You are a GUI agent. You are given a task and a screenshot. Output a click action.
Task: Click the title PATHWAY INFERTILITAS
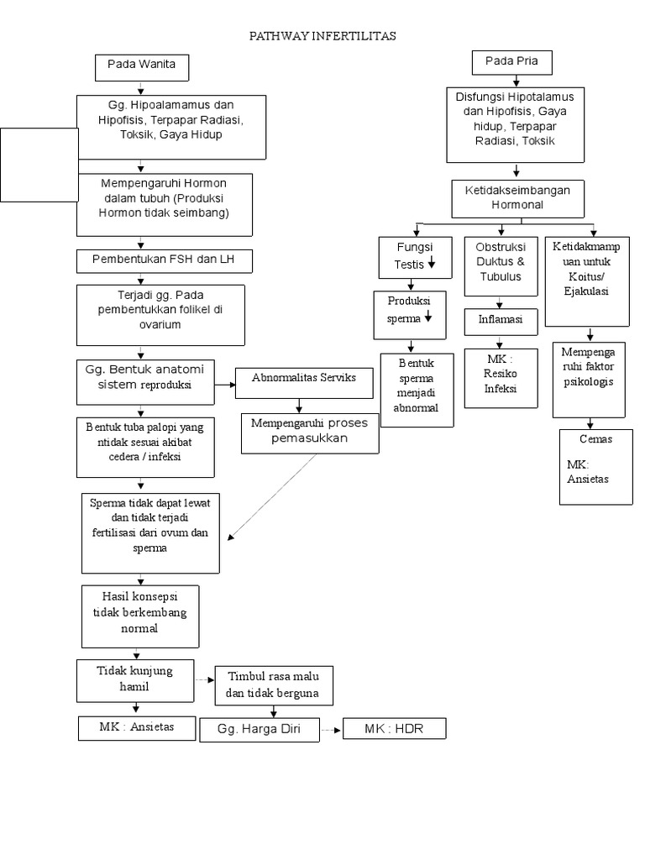[x=322, y=36]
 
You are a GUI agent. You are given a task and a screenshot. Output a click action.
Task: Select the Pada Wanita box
[x=142, y=68]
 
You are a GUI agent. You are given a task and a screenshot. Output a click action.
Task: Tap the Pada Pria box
[x=511, y=62]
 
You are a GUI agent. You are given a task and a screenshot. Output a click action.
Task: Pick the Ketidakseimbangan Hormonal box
[x=517, y=198]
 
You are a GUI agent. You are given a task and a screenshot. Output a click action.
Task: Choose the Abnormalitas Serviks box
[x=304, y=383]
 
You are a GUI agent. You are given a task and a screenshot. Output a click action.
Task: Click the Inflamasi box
[x=501, y=322]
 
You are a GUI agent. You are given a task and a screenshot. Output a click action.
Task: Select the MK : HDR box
[x=395, y=728]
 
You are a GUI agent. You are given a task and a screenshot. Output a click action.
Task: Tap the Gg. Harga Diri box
[x=260, y=730]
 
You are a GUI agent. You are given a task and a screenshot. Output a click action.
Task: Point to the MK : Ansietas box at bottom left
[x=137, y=728]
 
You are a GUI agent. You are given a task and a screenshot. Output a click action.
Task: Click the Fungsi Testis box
[x=415, y=258]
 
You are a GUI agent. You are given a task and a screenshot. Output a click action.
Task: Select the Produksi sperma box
[x=410, y=316]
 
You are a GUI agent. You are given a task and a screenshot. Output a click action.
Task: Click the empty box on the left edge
[x=39, y=165]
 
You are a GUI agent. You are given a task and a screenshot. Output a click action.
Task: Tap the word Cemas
[x=595, y=438]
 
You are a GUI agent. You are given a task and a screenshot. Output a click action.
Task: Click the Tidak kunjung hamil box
[x=135, y=680]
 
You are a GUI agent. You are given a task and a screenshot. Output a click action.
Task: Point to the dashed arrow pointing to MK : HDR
[x=331, y=730]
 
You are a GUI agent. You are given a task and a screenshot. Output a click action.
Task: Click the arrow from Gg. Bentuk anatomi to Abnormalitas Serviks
[x=225, y=385]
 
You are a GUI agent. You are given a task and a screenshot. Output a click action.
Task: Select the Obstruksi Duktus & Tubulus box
[x=501, y=266]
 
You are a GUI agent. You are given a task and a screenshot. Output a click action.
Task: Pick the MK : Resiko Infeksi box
[x=501, y=379]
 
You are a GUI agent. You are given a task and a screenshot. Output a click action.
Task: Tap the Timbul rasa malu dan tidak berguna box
[x=274, y=685]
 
